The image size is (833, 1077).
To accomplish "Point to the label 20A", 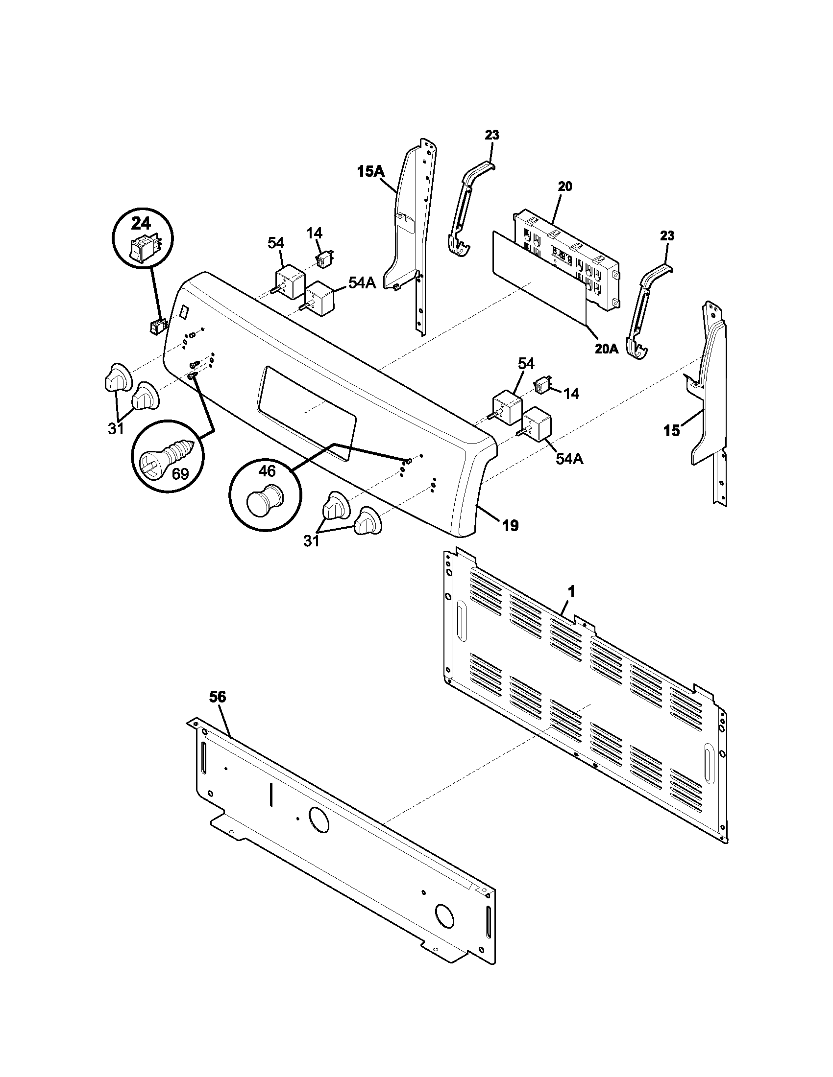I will tap(607, 349).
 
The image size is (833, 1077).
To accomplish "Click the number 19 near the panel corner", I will tap(510, 526).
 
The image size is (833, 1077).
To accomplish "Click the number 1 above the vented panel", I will tap(571, 592).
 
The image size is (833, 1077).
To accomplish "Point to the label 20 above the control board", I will tap(565, 187).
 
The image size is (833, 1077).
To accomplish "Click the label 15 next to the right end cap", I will tap(671, 430).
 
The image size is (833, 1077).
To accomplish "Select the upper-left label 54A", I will tap(362, 282).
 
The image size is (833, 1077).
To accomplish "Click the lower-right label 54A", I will tap(569, 459).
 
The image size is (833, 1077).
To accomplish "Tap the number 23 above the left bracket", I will tap(491, 135).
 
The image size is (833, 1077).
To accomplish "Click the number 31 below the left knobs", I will tap(116, 429).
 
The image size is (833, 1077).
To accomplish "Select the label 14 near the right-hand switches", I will tap(571, 393).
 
